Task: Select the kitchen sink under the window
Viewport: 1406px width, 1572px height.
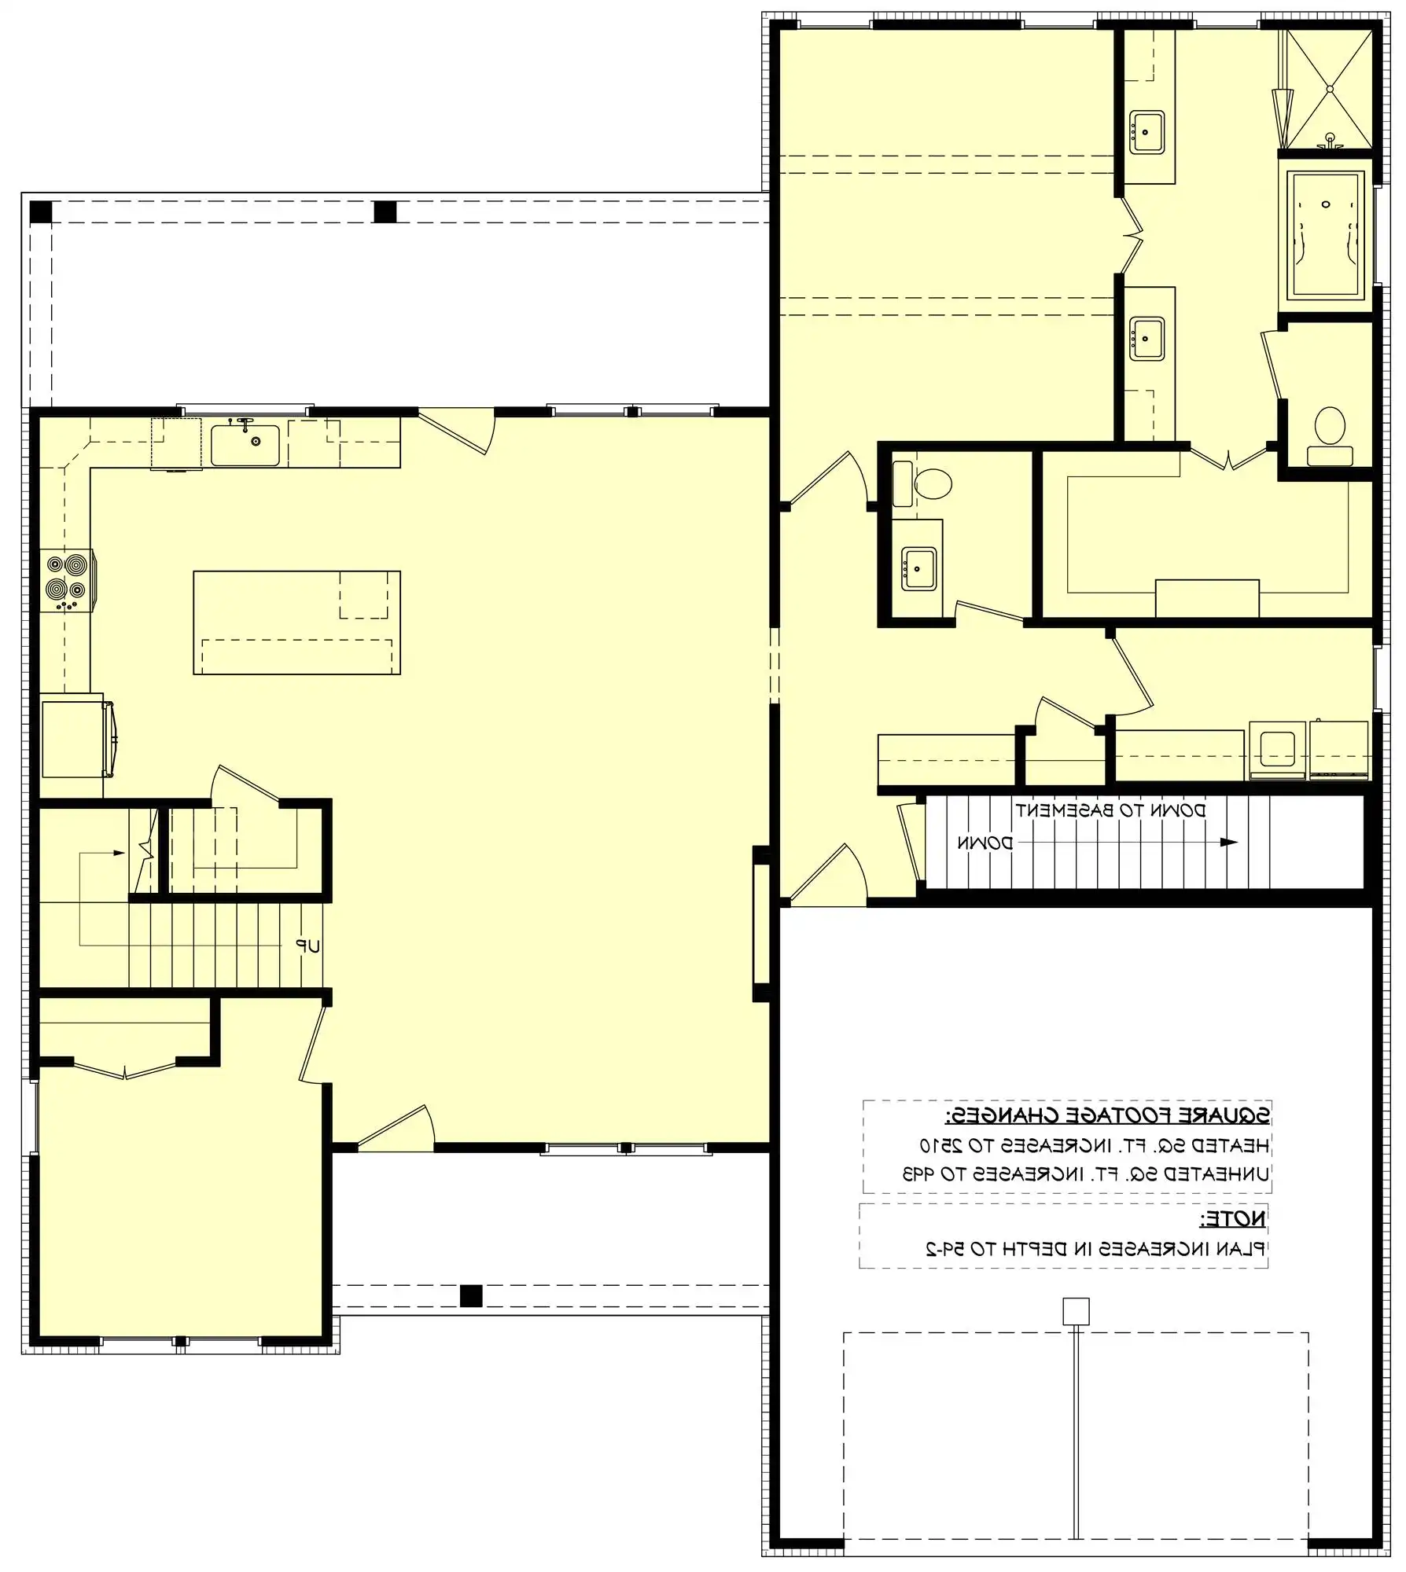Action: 245,446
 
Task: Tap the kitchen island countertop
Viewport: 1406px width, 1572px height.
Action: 296,622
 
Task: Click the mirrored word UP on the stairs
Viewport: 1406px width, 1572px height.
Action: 308,946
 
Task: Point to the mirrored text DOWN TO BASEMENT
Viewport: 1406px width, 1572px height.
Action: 1110,810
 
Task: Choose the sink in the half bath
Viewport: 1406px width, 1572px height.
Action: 918,569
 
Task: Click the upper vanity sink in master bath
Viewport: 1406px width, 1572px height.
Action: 1147,132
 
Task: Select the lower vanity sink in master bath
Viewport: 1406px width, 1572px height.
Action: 1147,338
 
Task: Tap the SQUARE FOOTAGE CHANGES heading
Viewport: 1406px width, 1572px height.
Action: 1107,1115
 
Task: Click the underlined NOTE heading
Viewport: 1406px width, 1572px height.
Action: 1233,1219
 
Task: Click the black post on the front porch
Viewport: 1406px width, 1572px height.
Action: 470,1295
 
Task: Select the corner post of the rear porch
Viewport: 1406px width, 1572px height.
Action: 40,211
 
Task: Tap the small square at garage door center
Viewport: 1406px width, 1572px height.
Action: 1076,1312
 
